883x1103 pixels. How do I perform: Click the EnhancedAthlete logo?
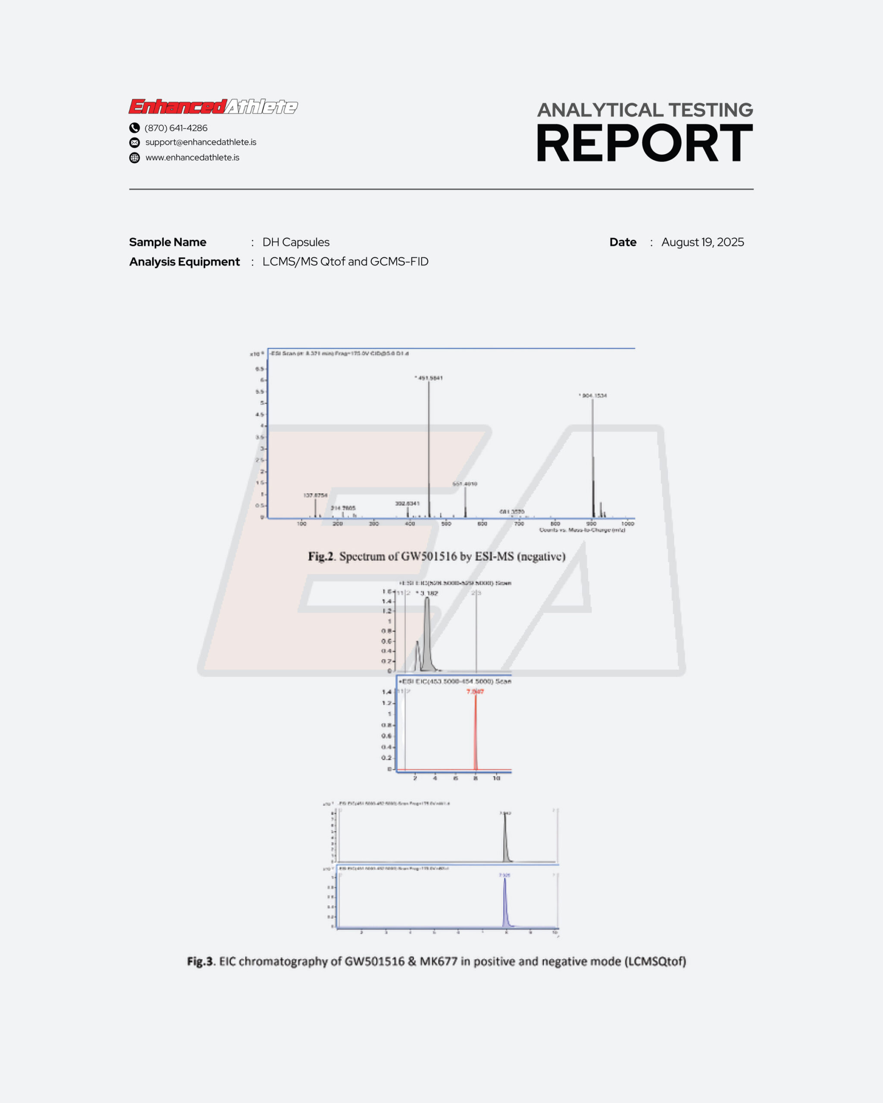coord(213,106)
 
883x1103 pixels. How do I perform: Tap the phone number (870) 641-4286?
coord(175,128)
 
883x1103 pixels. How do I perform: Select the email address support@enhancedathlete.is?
coord(200,142)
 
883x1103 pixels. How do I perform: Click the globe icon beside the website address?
coord(135,158)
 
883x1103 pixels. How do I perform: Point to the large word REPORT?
coord(644,144)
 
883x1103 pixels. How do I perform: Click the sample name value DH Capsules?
coord(296,242)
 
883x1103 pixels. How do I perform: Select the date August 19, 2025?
coord(702,242)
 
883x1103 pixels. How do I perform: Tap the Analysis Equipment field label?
coord(184,262)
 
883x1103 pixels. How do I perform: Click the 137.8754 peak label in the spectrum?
coord(315,495)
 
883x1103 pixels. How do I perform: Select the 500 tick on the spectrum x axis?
coord(446,524)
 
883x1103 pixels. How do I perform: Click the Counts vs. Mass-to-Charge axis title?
coord(582,530)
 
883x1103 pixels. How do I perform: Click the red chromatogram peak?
coord(476,732)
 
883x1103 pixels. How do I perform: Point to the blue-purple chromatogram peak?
coord(505,903)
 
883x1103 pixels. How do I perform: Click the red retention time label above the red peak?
coord(475,692)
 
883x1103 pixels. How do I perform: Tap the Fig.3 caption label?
coord(200,961)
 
